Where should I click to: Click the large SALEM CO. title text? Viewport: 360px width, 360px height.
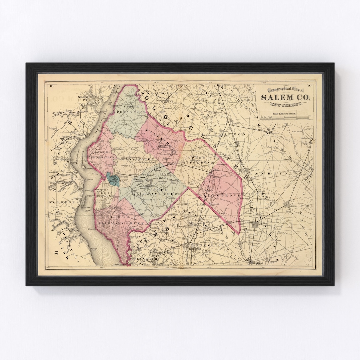click(285, 97)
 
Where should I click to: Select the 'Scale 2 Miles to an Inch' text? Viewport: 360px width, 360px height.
click(285, 114)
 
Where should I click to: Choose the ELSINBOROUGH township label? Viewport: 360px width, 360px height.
click(103, 193)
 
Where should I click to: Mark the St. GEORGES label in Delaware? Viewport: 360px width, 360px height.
click(56, 202)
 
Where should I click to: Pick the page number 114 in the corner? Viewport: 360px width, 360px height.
click(52, 86)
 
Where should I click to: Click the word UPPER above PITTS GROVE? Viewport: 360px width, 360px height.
click(197, 157)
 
